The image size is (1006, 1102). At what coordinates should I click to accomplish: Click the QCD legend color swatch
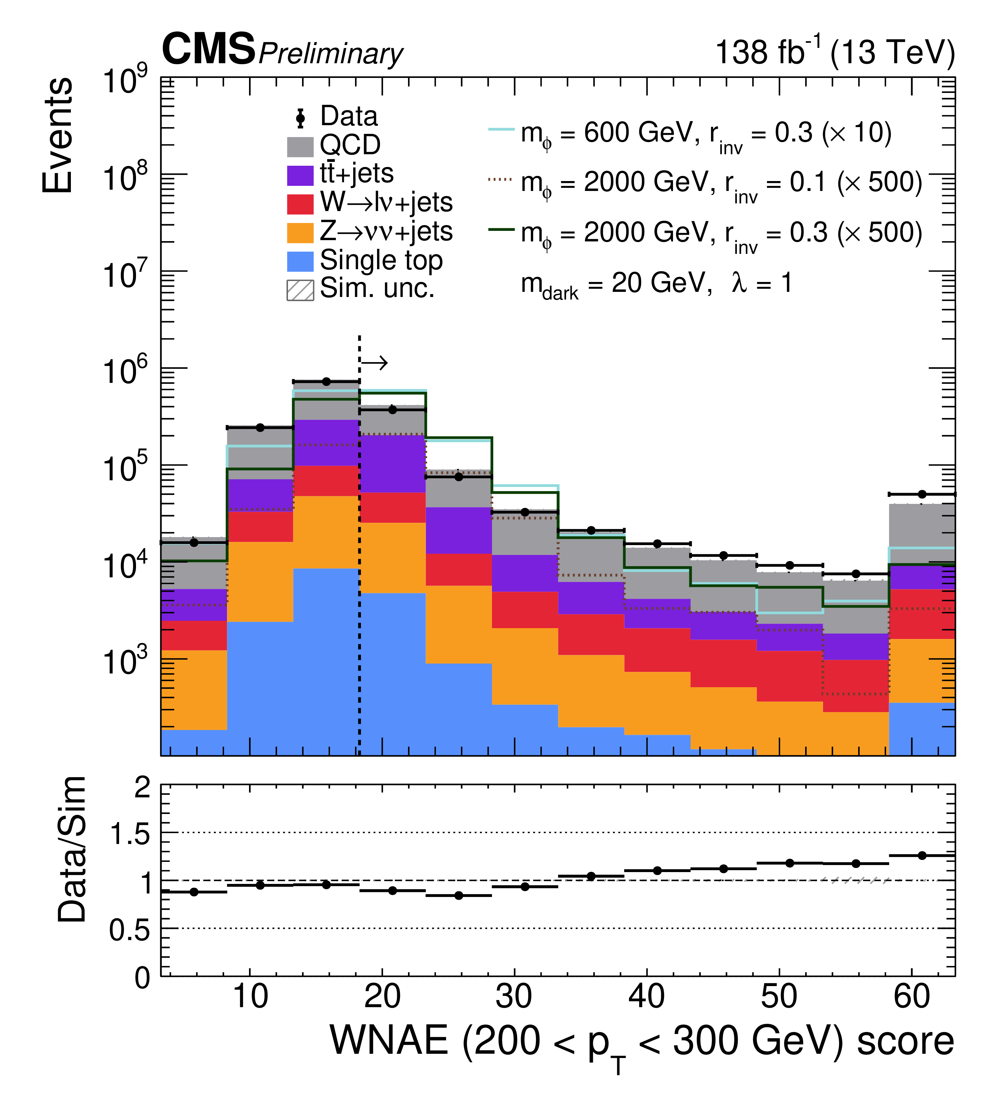[x=300, y=147]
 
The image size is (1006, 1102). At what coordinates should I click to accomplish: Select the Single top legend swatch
[x=300, y=261]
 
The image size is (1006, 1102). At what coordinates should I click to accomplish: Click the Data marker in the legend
[x=300, y=118]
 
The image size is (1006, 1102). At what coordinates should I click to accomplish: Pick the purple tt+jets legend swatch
[x=300, y=175]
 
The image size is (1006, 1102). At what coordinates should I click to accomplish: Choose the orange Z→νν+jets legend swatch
[x=300, y=233]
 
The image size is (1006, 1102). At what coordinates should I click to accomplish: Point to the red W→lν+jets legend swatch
[x=300, y=204]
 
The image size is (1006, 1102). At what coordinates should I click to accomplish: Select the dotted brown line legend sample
[x=501, y=179]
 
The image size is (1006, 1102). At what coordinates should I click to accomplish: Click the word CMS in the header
[x=209, y=49]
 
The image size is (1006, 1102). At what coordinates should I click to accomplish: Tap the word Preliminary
[x=331, y=55]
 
